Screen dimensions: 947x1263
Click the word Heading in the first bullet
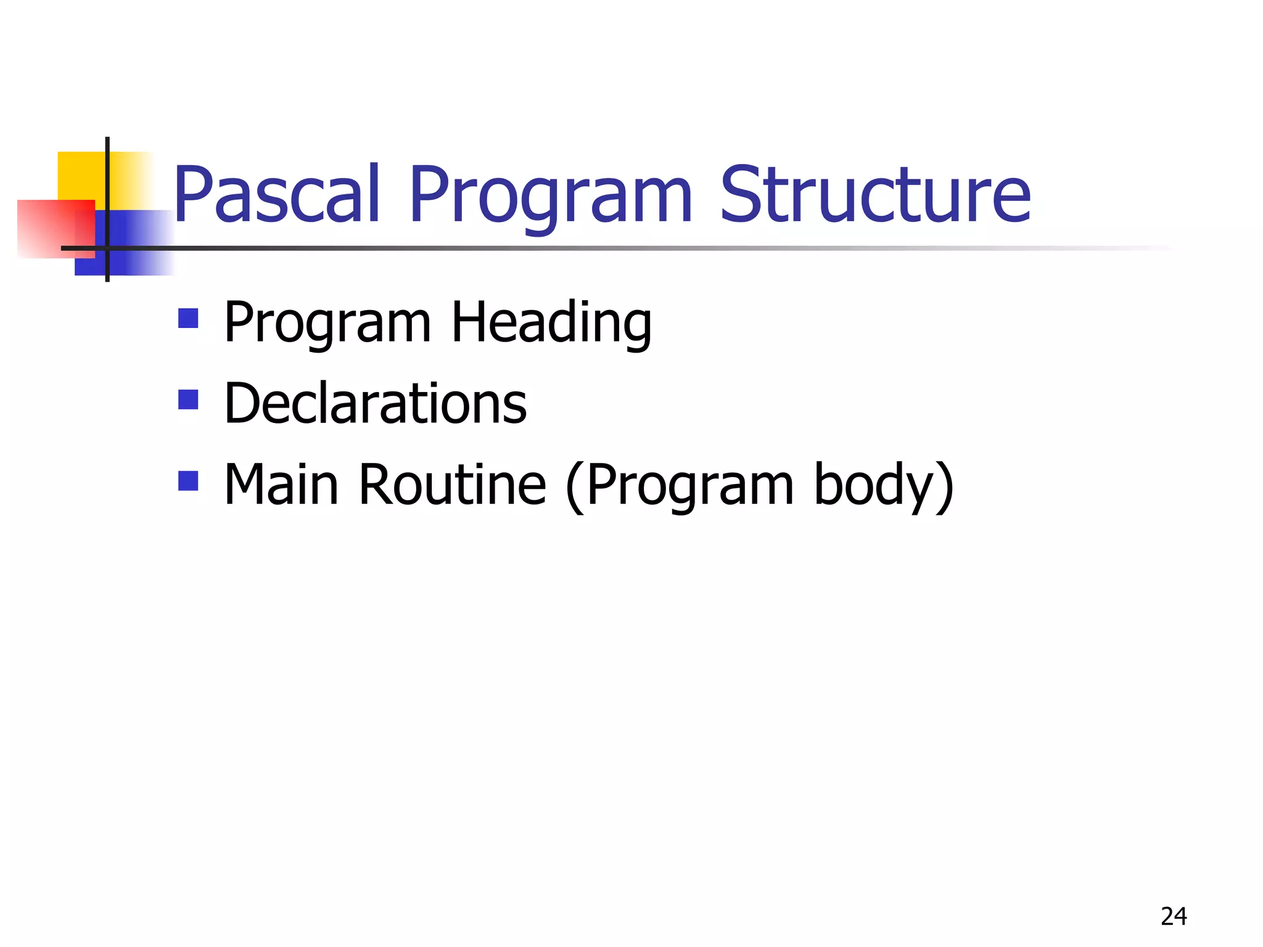pyautogui.click(x=551, y=323)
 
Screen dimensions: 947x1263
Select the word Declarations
pyautogui.click(x=376, y=403)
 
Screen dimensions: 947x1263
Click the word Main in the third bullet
pyautogui.click(x=281, y=485)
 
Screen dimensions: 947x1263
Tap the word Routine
pyautogui.click(x=452, y=485)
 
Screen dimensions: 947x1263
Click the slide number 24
pyautogui.click(x=1173, y=917)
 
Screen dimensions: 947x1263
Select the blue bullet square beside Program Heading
pyautogui.click(x=188, y=319)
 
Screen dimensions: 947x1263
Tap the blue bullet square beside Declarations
pyautogui.click(x=188, y=400)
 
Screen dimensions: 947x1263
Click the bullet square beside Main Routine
pyautogui.click(x=188, y=481)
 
